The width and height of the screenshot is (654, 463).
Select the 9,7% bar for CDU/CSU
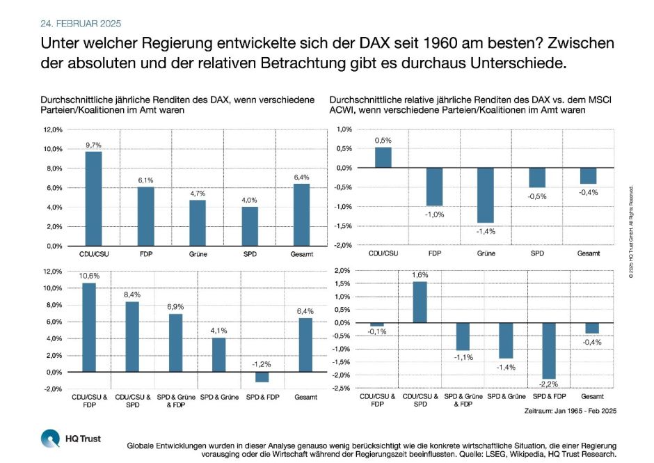pyautogui.click(x=93, y=198)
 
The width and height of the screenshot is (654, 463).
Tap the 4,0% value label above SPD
pyautogui.click(x=250, y=200)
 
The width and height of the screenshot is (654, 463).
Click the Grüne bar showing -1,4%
pyautogui.click(x=485, y=195)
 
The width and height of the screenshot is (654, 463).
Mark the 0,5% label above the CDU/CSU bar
pyautogui.click(x=382, y=140)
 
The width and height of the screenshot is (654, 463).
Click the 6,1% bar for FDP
pyautogui.click(x=145, y=216)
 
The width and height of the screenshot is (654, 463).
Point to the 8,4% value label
pyautogui.click(x=132, y=295)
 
